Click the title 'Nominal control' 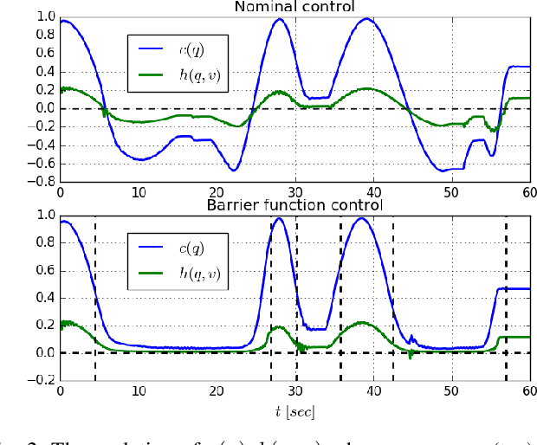point(295,7)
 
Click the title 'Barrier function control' point(295,205)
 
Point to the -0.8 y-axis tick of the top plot point(39,182)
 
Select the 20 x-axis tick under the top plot point(217,193)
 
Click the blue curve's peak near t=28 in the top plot point(279,19)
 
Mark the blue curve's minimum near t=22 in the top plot point(232,171)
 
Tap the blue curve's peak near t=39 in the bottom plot point(362,217)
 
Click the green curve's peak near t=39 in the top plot point(365,88)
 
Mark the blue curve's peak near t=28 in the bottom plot point(279,217)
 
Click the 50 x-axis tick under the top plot point(450,193)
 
